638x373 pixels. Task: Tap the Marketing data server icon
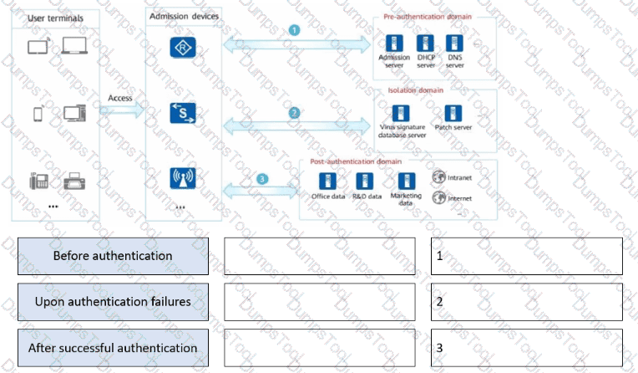[x=407, y=181]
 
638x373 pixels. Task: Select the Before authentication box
[x=113, y=256]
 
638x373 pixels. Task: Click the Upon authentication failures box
[x=113, y=302]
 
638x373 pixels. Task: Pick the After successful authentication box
[x=113, y=348]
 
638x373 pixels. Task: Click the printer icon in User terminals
[x=74, y=181]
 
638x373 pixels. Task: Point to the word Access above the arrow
[x=120, y=98]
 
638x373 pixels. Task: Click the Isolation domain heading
[x=416, y=89]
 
